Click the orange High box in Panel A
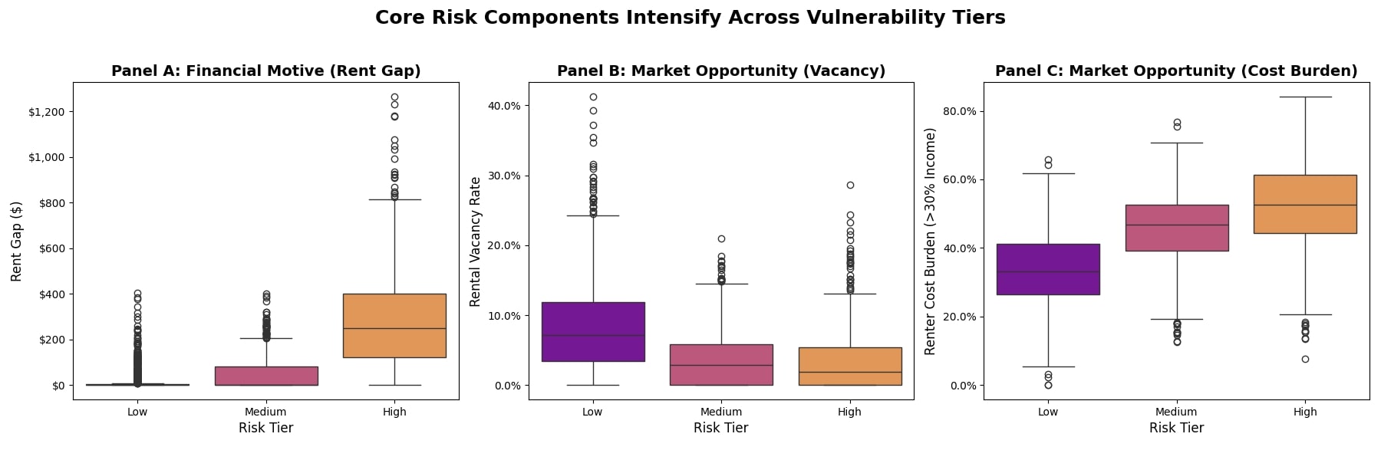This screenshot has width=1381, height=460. click(x=394, y=326)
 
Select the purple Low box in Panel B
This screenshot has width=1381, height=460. click(x=593, y=331)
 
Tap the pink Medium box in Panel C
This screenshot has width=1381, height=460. click(x=1177, y=228)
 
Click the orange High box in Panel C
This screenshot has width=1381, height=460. click(x=1305, y=204)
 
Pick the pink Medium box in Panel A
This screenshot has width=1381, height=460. click(x=266, y=376)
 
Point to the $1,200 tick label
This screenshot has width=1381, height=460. click(x=48, y=112)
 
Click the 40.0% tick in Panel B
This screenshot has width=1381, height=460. click(x=504, y=106)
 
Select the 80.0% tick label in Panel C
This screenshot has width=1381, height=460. click(x=959, y=111)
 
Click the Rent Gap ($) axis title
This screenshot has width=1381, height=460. click(x=17, y=242)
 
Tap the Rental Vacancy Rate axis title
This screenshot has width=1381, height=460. click(x=476, y=242)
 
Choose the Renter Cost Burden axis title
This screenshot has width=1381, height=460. click(x=931, y=242)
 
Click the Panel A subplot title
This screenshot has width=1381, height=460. click(x=266, y=71)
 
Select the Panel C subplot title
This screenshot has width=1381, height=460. click(x=1176, y=71)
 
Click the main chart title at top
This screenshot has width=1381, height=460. click(x=690, y=18)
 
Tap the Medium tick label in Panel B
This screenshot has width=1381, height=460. click(x=721, y=412)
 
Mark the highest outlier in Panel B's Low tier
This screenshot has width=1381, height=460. click(x=593, y=97)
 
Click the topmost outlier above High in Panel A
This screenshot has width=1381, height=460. click(x=394, y=97)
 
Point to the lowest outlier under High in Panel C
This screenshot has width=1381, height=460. click(x=1305, y=359)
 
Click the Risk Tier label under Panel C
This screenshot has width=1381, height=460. click(x=1176, y=428)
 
